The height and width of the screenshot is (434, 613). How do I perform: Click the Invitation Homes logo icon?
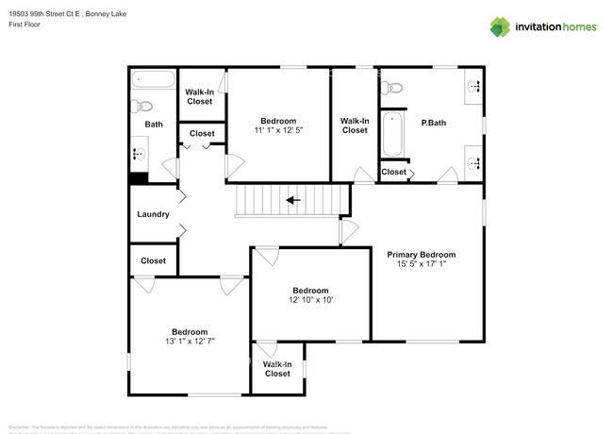tap(499, 25)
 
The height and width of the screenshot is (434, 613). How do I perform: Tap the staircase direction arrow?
tap(292, 200)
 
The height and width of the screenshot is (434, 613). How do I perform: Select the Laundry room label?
tap(153, 214)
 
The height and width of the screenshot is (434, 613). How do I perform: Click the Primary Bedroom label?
tap(422, 255)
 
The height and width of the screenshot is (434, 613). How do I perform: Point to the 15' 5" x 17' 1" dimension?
tap(422, 265)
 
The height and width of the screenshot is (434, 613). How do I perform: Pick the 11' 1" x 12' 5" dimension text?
tap(278, 130)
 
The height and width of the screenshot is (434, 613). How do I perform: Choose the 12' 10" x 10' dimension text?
tap(310, 300)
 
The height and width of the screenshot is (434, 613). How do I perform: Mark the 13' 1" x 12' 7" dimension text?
tap(190, 342)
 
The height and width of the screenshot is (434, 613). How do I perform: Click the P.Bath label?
tap(433, 123)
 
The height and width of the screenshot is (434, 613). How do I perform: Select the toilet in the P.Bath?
tap(392, 88)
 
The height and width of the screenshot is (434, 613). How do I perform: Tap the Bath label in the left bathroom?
tap(153, 125)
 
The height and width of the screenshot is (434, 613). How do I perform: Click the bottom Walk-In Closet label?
tap(276, 368)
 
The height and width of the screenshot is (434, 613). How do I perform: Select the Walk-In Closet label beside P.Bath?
tap(354, 125)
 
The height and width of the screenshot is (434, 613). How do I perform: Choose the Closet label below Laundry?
tap(153, 260)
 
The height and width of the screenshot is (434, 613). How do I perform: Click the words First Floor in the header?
tap(24, 25)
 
